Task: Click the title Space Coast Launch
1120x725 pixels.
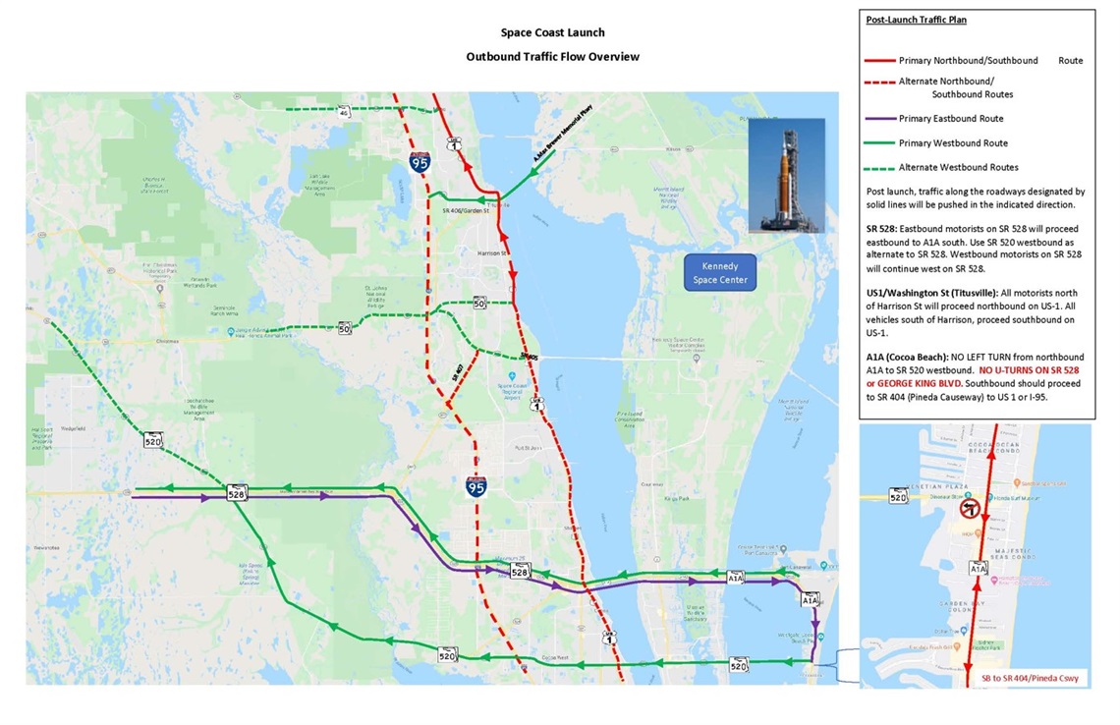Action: click(552, 33)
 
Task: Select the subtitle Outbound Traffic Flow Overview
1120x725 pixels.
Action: click(552, 57)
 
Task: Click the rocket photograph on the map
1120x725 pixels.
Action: click(786, 175)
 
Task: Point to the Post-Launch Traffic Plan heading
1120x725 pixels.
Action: click(916, 20)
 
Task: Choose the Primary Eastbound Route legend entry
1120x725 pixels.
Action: click(951, 119)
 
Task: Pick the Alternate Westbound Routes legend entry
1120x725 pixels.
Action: click(958, 167)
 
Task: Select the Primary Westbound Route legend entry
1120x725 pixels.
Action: click(953, 143)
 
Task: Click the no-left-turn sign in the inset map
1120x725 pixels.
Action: click(967, 510)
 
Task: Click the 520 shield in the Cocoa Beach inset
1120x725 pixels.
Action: click(898, 497)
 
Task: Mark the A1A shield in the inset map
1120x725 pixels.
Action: click(978, 568)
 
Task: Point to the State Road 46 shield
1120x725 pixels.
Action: click(344, 113)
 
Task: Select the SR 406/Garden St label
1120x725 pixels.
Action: click(465, 211)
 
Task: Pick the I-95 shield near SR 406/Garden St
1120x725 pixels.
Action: click(420, 163)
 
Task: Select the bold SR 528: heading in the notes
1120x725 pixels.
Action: click(885, 228)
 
